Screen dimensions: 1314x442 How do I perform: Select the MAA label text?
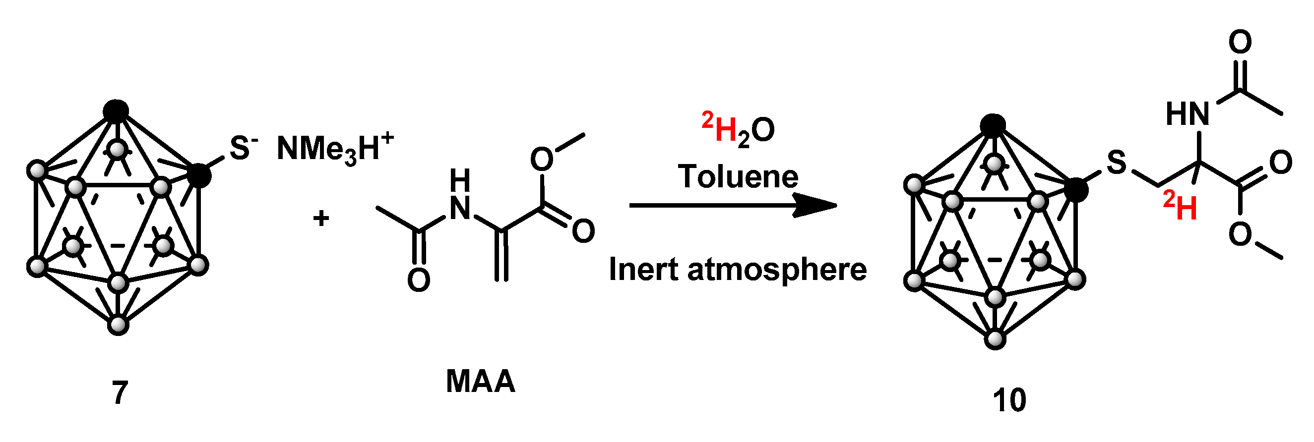[x=480, y=381]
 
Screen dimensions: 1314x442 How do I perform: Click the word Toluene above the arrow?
[x=738, y=176]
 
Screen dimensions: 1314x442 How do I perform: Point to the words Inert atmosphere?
[x=738, y=269]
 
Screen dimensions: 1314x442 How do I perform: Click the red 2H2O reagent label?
[x=738, y=129]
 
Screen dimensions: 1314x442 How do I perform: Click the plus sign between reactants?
[x=321, y=218]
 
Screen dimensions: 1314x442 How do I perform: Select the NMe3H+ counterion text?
[x=334, y=148]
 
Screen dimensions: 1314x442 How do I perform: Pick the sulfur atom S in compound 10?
[x=1116, y=163]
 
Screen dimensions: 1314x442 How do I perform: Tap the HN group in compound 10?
[x=1188, y=113]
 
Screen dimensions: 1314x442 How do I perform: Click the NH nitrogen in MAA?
[x=460, y=208]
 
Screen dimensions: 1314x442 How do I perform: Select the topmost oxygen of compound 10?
[x=1240, y=42]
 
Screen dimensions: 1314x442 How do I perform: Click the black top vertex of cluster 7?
[x=116, y=111]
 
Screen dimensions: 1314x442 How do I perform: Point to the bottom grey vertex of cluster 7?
[x=119, y=325]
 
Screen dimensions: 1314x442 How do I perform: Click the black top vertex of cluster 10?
[x=993, y=125]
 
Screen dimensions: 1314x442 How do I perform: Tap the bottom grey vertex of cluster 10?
[x=995, y=339]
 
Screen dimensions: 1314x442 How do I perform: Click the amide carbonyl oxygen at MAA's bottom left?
[x=418, y=280]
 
